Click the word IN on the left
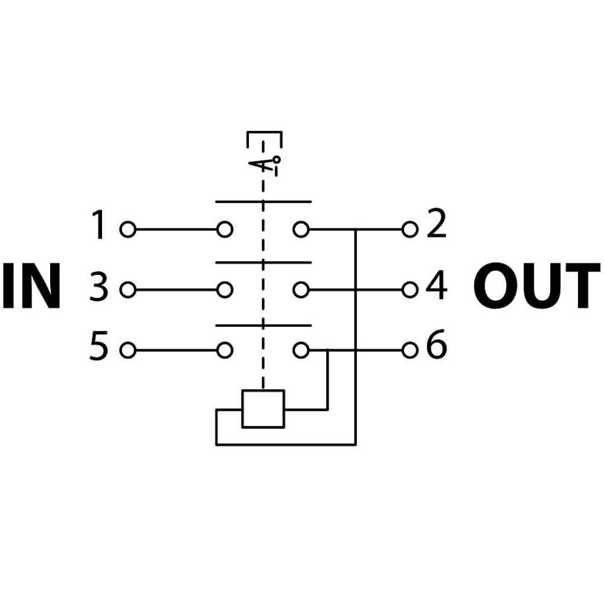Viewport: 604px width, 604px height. point(32,286)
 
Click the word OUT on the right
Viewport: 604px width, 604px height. point(536,286)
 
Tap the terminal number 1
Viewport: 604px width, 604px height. point(98,225)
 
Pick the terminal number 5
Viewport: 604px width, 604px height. point(98,345)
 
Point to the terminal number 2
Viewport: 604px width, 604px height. point(437,223)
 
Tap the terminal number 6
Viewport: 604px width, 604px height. point(437,344)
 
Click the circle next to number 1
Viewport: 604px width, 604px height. point(128,230)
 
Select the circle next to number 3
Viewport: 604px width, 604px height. point(128,290)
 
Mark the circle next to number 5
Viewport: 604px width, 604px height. point(128,350)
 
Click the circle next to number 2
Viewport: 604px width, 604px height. point(410,230)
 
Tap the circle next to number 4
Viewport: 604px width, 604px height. point(410,290)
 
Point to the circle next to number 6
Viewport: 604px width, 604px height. point(410,350)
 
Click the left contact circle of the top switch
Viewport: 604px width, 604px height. point(225,230)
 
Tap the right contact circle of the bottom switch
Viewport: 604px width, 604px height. point(301,350)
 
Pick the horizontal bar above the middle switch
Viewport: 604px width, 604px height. point(263,263)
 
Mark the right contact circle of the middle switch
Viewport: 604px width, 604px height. point(301,290)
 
